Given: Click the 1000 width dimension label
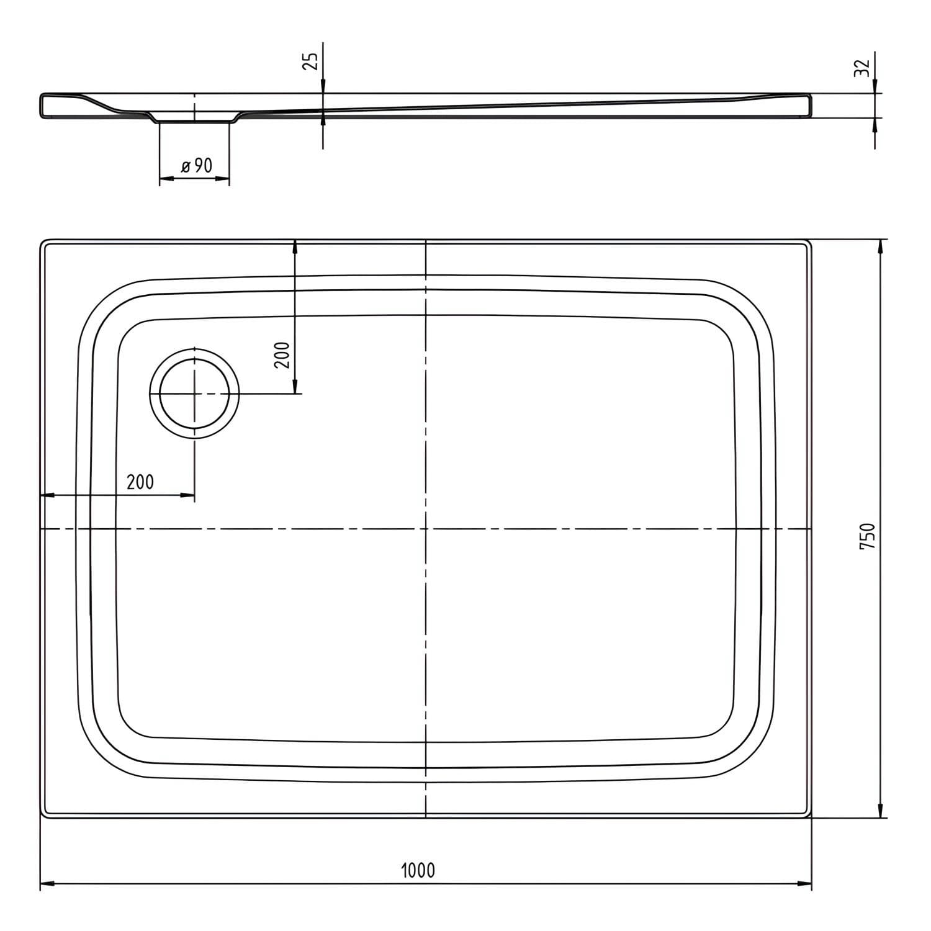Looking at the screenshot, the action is pyautogui.click(x=418, y=870).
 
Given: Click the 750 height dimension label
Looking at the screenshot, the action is pyautogui.click(x=867, y=536).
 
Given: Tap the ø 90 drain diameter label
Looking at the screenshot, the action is pyautogui.click(x=196, y=166).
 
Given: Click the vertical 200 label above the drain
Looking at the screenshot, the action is pyautogui.click(x=283, y=354).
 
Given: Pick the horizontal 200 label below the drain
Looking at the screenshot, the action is pyautogui.click(x=140, y=481).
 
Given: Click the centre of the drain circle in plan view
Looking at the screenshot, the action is pyautogui.click(x=194, y=394).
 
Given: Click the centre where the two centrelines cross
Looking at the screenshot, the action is pyautogui.click(x=426, y=529).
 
